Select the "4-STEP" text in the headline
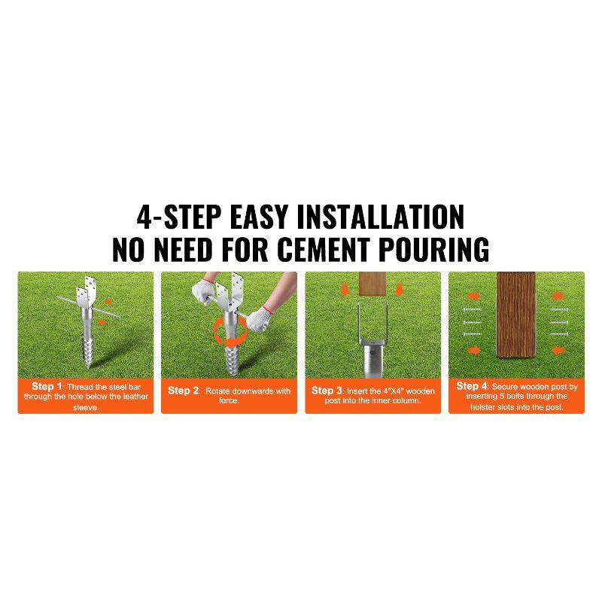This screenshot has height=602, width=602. (178, 216)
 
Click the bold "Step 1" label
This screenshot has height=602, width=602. (47, 386)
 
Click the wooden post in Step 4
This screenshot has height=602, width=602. (516, 324)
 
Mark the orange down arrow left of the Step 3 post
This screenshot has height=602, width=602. (346, 290)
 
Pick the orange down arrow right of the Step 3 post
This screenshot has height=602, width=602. (400, 290)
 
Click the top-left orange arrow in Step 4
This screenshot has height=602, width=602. (475, 296)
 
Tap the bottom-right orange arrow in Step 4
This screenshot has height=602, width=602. (558, 350)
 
